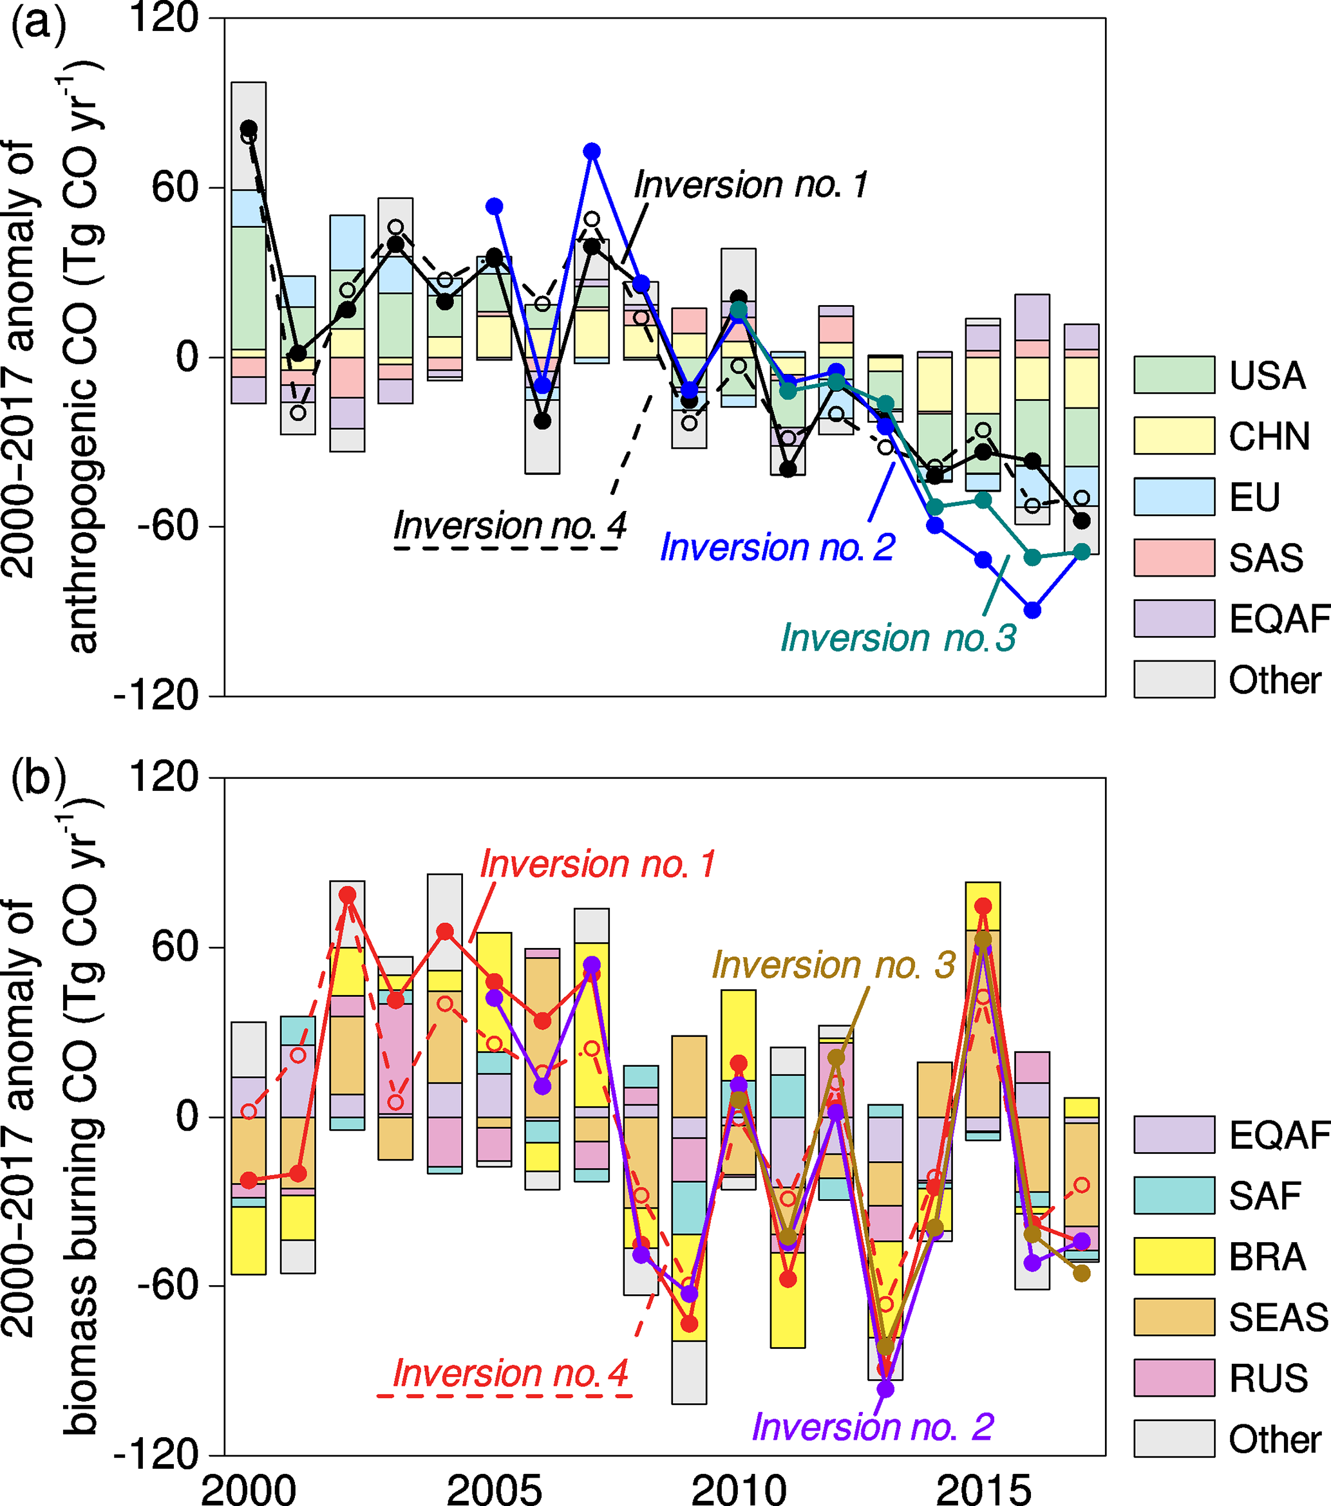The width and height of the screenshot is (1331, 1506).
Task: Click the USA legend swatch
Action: pos(1174,375)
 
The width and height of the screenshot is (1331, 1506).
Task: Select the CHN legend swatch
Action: pos(1174,436)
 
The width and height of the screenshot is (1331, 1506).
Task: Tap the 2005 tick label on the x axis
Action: pos(494,1490)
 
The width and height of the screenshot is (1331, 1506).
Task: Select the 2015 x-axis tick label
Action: pos(983,1490)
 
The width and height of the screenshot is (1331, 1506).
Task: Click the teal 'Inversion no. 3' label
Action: pos(898,637)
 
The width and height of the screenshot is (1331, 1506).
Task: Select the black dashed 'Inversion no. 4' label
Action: pos(509,526)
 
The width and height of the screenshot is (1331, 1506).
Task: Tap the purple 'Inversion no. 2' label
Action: pos(873,1427)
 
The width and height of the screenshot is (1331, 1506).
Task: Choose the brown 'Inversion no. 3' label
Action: pos(833,965)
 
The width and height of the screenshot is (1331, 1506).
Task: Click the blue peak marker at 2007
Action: pos(592,151)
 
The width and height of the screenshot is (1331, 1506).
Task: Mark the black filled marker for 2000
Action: pos(249,129)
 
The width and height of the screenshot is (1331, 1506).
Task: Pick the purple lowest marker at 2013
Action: pos(886,1389)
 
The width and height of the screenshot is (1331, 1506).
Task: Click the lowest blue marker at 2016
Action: pos(1032,610)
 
